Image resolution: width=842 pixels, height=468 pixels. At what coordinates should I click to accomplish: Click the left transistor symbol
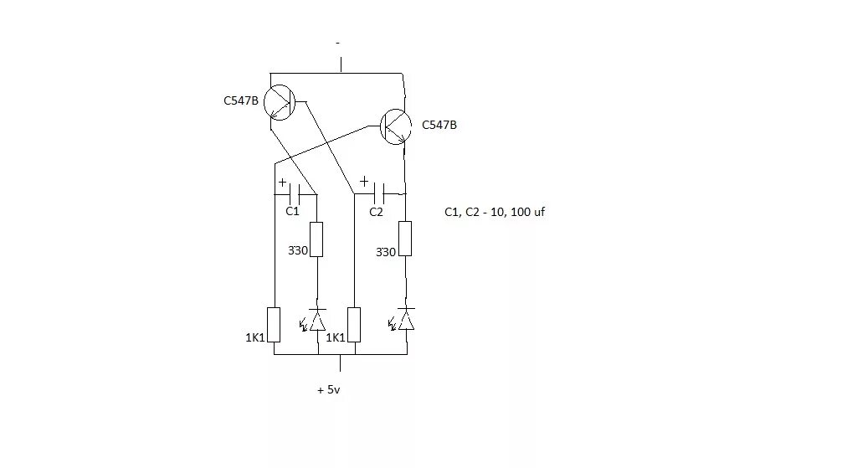point(280,102)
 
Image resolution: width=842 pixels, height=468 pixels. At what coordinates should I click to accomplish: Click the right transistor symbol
point(396,126)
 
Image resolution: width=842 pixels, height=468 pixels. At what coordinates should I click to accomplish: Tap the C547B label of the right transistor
point(439,125)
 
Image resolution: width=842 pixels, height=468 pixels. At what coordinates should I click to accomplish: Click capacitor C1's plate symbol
point(294,194)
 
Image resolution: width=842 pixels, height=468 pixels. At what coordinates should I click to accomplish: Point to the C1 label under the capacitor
point(292,212)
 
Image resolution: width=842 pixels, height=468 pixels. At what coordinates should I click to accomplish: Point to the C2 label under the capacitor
point(376,212)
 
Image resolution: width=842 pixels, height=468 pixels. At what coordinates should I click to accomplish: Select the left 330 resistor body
point(317,239)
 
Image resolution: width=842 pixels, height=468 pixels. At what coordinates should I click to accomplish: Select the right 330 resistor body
point(405,239)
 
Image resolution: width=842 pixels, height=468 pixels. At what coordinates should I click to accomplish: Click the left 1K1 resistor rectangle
point(274,324)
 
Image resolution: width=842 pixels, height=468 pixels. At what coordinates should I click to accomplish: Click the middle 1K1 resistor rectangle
point(355,325)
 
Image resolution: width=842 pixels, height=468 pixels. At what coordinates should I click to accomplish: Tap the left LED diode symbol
point(317,320)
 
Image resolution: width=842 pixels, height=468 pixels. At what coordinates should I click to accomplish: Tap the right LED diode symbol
point(406,320)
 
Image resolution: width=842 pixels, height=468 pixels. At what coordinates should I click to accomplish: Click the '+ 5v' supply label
point(328,389)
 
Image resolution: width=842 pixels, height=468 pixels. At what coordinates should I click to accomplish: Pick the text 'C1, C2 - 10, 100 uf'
point(494,213)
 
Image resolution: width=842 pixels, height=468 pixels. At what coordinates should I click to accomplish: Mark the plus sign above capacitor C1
point(282,182)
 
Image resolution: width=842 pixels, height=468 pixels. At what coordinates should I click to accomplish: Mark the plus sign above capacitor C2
point(363,181)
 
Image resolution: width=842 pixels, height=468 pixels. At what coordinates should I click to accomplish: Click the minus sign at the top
point(337,42)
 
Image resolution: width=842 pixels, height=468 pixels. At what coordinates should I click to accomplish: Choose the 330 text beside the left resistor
point(299,250)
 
